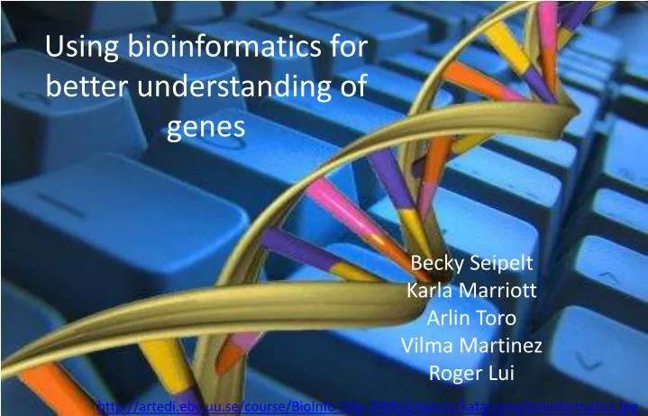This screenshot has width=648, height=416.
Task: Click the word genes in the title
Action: (206, 129)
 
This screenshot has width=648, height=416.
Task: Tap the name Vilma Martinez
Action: (471, 345)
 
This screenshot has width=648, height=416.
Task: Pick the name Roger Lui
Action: (471, 372)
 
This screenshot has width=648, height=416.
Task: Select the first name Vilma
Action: (424, 345)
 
